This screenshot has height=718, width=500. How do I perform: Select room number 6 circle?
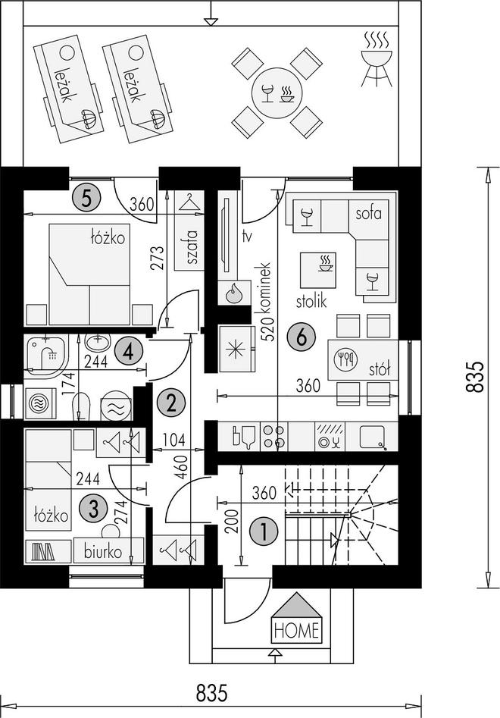coord(301,337)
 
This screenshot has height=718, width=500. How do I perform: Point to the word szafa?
coord(192,247)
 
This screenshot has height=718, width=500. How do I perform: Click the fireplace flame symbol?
coord(234,292)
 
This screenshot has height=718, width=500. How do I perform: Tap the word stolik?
coord(311,301)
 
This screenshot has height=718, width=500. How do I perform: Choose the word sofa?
coord(368,213)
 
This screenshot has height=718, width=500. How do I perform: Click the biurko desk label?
coord(103,551)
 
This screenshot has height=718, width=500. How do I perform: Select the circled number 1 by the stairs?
coord(264,531)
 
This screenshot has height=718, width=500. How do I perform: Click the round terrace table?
coord(277,93)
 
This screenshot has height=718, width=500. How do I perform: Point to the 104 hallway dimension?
coord(173,440)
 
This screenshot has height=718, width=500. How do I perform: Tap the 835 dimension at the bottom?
coord(212,693)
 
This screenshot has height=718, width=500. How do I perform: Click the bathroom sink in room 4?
coord(98,343)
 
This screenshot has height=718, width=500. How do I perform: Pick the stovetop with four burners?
coord(274,437)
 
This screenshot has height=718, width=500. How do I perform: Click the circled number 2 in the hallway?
coord(171,403)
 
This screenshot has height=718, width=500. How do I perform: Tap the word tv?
coord(248,237)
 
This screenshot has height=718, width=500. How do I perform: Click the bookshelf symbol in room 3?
coord(43,551)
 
